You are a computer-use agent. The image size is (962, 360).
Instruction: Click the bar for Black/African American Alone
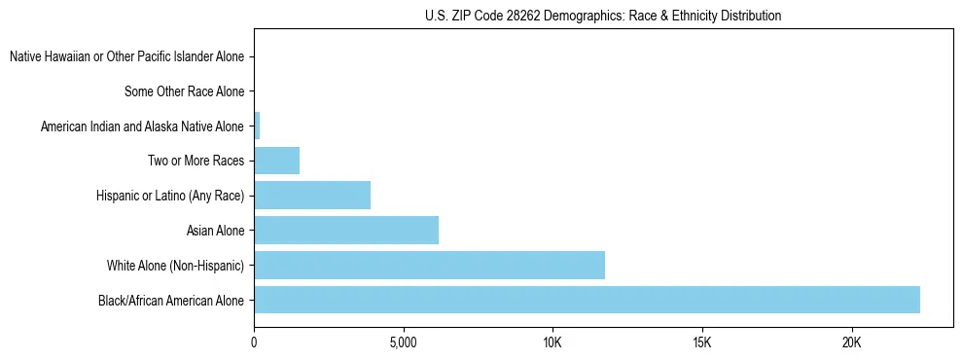[x=587, y=300]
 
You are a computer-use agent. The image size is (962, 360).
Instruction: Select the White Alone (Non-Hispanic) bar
[x=429, y=265]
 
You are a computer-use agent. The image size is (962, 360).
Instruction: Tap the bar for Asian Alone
[x=346, y=231]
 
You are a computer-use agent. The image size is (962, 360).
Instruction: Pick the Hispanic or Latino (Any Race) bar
[x=312, y=196]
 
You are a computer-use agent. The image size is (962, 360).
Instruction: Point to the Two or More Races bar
[x=276, y=161]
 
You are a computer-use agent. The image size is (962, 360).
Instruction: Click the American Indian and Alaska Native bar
[x=257, y=126]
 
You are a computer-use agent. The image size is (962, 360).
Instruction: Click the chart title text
[x=603, y=17]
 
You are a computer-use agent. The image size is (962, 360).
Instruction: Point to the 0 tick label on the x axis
[x=254, y=342]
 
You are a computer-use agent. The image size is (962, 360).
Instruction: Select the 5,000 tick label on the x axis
[x=403, y=342]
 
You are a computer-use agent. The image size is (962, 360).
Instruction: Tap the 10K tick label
[x=552, y=342]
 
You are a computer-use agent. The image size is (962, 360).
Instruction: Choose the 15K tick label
[x=702, y=342]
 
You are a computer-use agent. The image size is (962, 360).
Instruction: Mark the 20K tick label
[x=851, y=342]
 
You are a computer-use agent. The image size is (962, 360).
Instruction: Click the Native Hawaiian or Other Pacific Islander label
[x=126, y=57]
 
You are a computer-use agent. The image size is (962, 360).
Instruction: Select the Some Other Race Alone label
[x=184, y=91]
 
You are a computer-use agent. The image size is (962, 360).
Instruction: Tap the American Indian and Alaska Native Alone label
[x=142, y=126]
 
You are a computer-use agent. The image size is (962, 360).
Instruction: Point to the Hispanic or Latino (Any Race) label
[x=170, y=196]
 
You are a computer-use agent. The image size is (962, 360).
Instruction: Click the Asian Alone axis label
[x=215, y=231]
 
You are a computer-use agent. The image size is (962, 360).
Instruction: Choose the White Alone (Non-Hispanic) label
[x=175, y=265]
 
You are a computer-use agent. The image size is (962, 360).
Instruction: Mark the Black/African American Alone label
[x=171, y=300]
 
